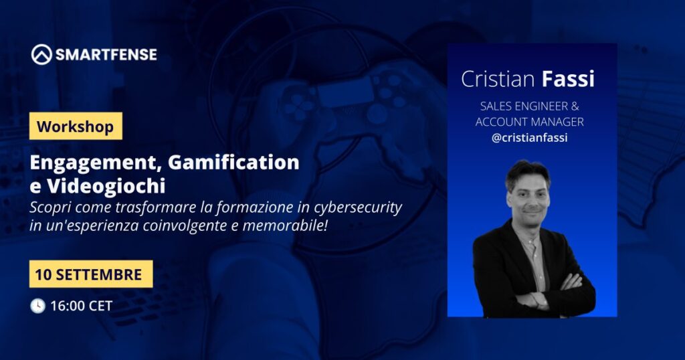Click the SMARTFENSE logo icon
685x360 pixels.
[x=41, y=55]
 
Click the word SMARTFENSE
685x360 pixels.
[x=106, y=55]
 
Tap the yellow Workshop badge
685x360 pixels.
[x=76, y=126]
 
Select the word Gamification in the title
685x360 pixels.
[x=233, y=162]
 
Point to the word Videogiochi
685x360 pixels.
[x=106, y=186]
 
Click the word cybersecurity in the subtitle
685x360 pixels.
[x=357, y=208]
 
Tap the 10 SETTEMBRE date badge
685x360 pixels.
[x=91, y=274]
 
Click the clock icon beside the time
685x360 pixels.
[x=38, y=306]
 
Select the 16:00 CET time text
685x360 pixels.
[x=81, y=306]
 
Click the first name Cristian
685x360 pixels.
[x=498, y=79]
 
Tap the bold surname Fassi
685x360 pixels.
[x=568, y=79]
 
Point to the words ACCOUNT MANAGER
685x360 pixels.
[x=530, y=122]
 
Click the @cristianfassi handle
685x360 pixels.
[x=530, y=138]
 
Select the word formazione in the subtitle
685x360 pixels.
[x=252, y=207]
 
